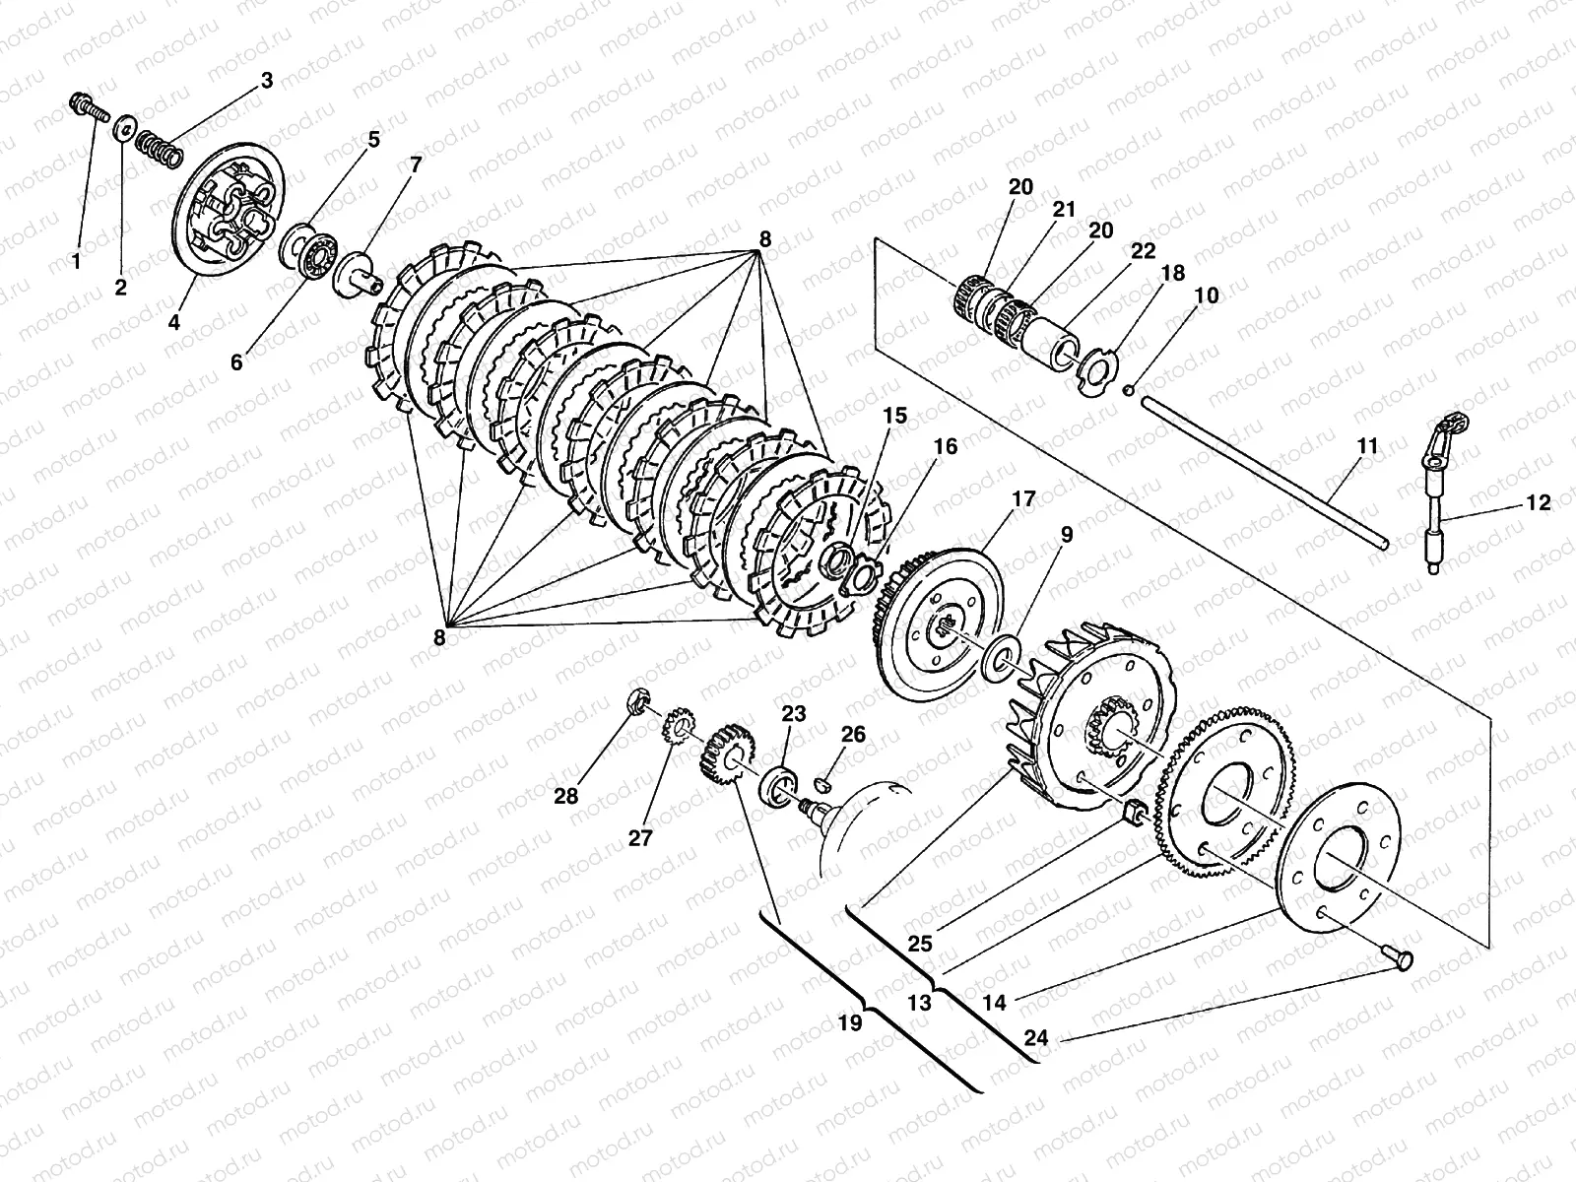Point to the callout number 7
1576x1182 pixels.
pos(415,164)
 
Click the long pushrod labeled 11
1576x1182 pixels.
pos(1271,473)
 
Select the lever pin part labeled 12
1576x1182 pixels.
pos(1438,492)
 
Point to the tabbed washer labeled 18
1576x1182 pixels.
pos(1093,372)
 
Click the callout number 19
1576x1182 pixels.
pos(849,1022)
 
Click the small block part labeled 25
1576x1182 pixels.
pos(1133,815)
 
